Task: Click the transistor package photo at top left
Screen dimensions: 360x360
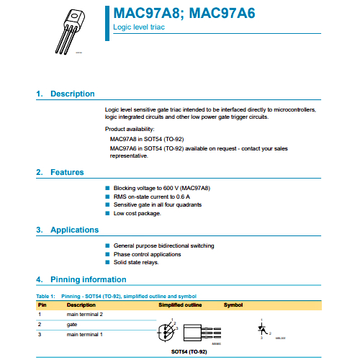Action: (x=72, y=30)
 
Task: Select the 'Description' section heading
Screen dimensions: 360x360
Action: (x=72, y=94)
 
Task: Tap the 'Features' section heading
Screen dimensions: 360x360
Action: (x=67, y=172)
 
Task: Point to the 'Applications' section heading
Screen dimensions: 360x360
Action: (x=74, y=230)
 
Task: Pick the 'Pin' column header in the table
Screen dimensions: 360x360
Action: (x=42, y=305)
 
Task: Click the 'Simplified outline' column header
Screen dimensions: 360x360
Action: (x=181, y=305)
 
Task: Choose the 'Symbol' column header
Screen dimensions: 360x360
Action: (x=233, y=305)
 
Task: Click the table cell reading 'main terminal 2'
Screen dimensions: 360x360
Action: (x=85, y=315)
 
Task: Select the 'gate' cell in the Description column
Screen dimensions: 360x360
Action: (x=72, y=325)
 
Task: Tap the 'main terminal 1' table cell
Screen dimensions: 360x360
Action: (x=85, y=335)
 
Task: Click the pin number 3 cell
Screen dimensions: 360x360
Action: (x=40, y=335)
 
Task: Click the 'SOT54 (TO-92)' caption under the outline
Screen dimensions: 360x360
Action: (x=189, y=351)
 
